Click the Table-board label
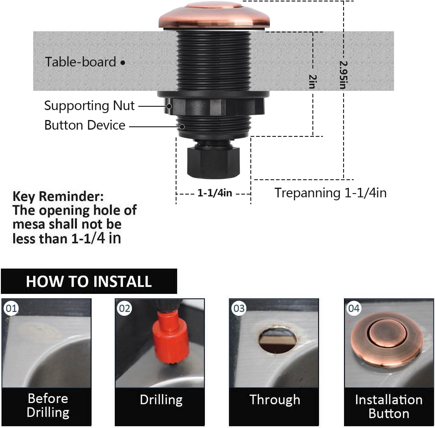coord(80,62)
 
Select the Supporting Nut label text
coord(89,106)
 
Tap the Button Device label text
coord(85,125)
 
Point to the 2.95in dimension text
coord(343,75)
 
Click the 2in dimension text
coord(313,82)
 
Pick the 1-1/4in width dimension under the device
coord(214,193)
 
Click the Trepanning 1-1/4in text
coord(330,193)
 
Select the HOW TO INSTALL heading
coord(89,282)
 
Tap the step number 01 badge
coord(11,308)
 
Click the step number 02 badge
coord(125,308)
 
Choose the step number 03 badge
coord(239,308)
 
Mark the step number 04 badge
coord(354,308)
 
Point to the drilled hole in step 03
coord(277,340)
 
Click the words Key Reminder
coord(58,196)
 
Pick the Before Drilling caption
coord(48,405)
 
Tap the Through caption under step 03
coord(275,400)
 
